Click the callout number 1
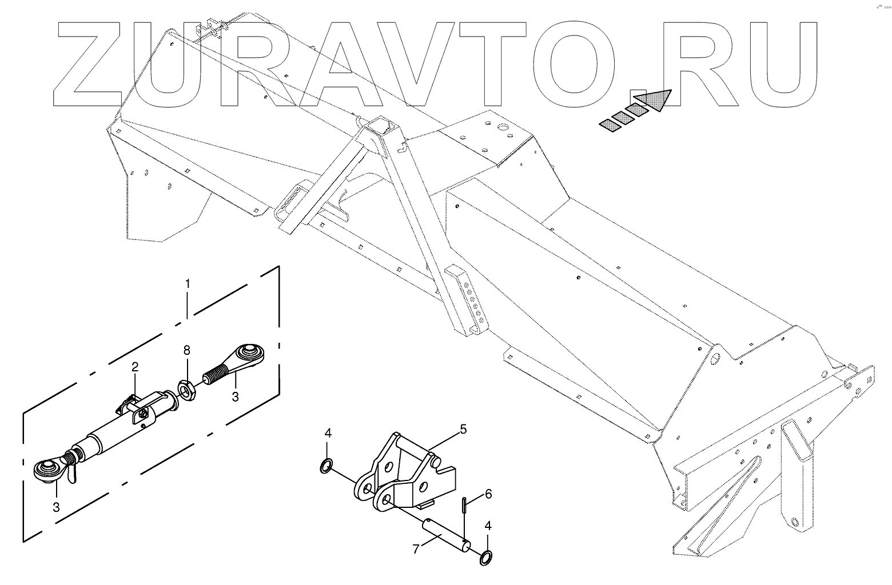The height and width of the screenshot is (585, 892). coord(187,283)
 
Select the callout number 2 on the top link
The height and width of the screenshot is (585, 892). coord(135,366)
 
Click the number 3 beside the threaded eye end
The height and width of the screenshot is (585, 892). coord(235,396)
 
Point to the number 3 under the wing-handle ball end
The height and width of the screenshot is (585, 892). coord(56,506)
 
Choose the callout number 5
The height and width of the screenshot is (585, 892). coord(463,428)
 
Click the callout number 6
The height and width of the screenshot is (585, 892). coord(488,494)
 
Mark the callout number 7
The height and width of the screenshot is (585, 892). coord(416,549)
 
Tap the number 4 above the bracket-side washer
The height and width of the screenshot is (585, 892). coord(328,433)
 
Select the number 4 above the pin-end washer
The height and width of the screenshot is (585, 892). coord(487,526)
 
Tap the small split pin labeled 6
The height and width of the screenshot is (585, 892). coord(464,506)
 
